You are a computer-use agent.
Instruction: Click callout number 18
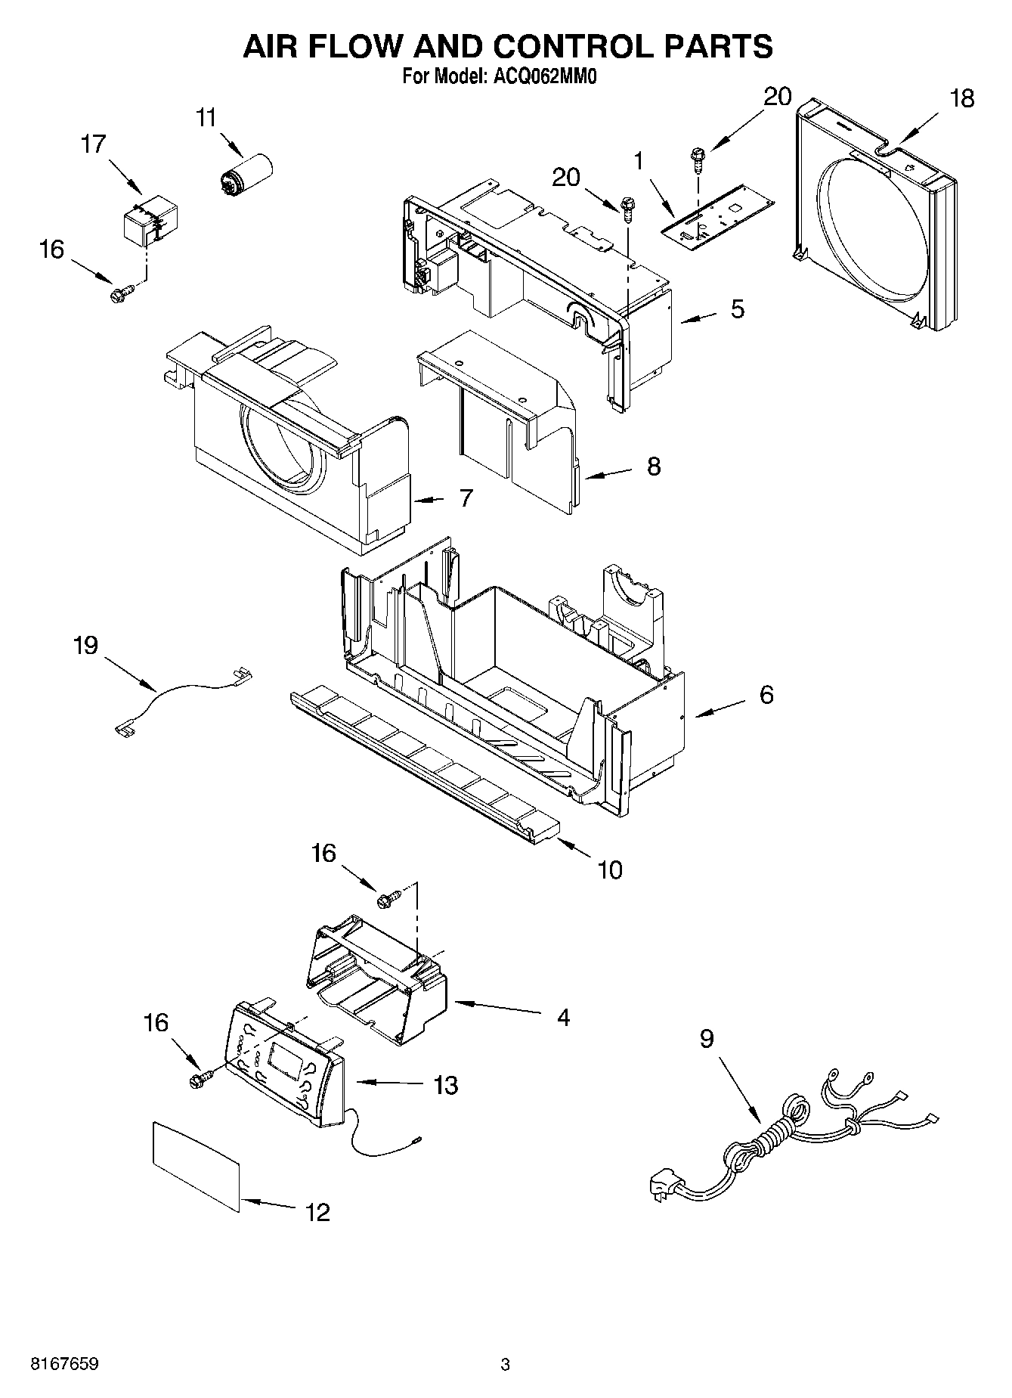click(962, 99)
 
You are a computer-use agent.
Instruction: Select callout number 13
click(446, 1086)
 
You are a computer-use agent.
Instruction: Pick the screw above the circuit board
click(696, 160)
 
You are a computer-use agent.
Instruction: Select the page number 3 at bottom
click(505, 1365)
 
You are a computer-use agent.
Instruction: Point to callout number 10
click(609, 870)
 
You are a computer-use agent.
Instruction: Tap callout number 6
click(766, 695)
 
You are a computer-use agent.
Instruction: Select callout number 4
click(562, 1018)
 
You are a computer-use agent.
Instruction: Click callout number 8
click(653, 467)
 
